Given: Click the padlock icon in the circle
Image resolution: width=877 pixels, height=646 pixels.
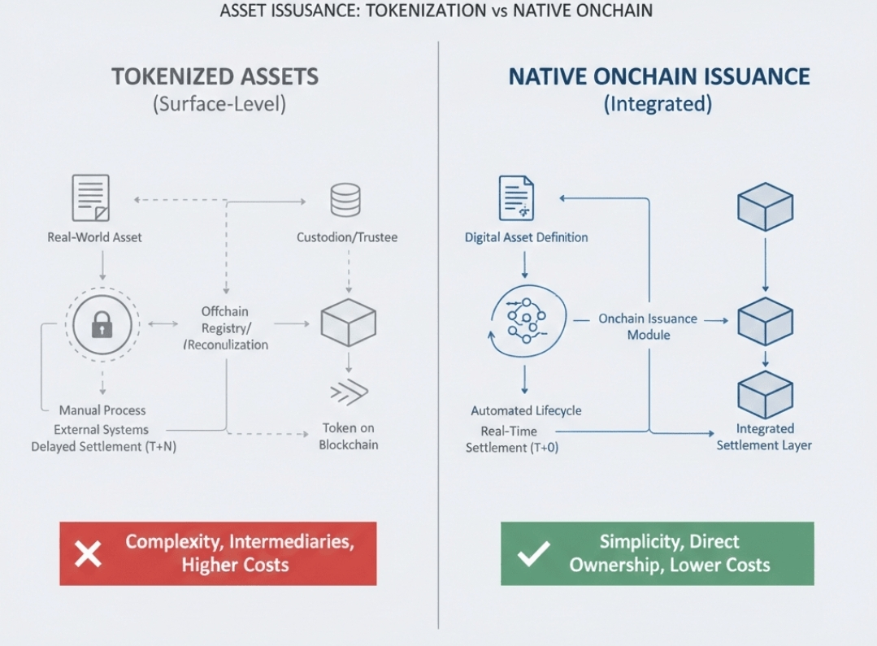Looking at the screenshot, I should coord(102,326).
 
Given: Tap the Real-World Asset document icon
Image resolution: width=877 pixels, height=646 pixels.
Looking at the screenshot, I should coord(90,198).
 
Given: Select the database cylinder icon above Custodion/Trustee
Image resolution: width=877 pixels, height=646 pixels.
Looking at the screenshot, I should coord(345,199).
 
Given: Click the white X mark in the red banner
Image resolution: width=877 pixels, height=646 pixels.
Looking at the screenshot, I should coord(88,554).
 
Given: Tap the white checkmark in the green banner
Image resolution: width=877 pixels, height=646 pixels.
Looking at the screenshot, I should coord(533,554).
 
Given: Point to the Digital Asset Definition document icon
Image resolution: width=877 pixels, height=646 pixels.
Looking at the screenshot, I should coord(516,198).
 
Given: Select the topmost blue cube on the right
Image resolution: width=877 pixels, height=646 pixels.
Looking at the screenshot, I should coord(764,206).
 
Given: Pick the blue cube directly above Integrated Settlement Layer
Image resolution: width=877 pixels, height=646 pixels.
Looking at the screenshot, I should coord(764,394).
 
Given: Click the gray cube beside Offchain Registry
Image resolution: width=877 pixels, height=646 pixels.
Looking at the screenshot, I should coord(348,323).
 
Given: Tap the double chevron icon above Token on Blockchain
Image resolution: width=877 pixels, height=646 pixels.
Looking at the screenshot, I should coord(349,392).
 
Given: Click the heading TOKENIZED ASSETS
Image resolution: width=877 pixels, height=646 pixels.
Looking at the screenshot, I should coord(215,77).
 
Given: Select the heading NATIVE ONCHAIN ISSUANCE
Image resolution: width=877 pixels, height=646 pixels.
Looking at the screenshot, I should coord(658,77).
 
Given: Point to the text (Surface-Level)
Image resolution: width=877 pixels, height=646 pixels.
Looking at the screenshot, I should coord(215,105).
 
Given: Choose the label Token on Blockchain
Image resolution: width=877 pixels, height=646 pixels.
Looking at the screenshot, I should coord(348,436).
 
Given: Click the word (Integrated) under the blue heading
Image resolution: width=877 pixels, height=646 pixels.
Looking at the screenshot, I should coord(658,105).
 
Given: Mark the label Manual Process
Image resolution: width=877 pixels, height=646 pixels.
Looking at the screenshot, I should coord(102,410).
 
